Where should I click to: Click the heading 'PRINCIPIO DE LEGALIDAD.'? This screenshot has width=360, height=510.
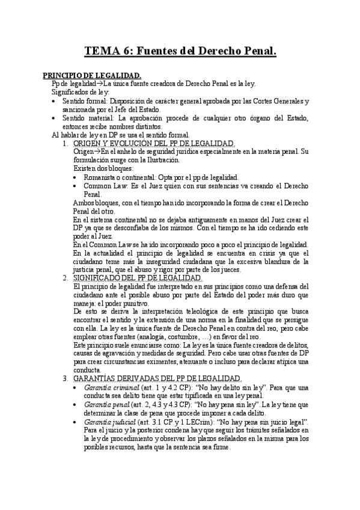[91, 75]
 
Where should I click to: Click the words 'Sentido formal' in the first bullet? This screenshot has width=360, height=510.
[84, 102]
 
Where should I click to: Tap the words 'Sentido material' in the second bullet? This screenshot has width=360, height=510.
[87, 118]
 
